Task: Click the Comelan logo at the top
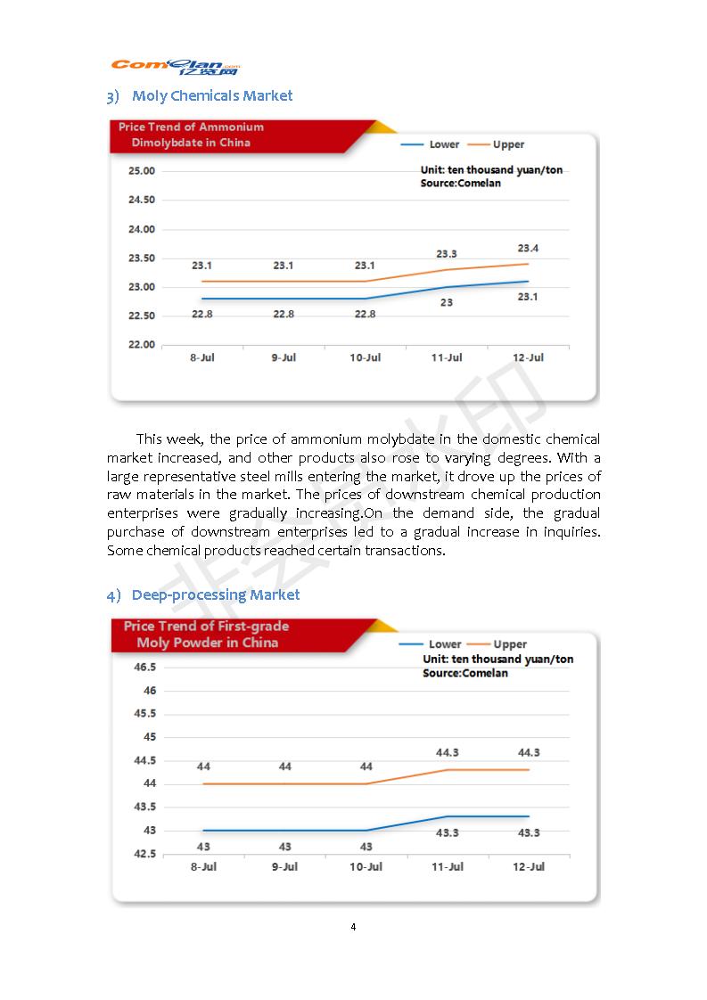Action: (176, 67)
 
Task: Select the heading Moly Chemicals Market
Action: (211, 95)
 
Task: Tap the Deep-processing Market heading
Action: (215, 594)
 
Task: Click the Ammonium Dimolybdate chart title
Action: (191, 135)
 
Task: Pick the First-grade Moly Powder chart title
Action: (205, 635)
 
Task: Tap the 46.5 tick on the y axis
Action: (144, 668)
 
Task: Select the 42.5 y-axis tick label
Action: (144, 854)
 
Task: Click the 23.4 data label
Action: (528, 249)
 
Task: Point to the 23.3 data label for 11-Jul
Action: (447, 254)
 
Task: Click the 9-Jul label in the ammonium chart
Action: (284, 358)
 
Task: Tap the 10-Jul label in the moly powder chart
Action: (366, 867)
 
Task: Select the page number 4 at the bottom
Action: (353, 927)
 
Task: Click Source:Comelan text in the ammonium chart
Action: (460, 183)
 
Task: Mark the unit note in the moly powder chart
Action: (497, 660)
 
